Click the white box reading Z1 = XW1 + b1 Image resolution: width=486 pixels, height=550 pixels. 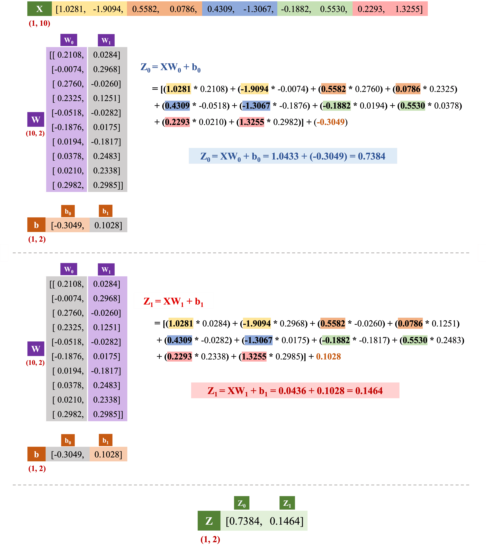pyautogui.click(x=173, y=301)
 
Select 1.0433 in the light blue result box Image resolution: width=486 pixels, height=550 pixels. pyautogui.click(x=285, y=156)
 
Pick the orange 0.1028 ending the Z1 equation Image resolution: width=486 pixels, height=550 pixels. pyautogui.click(x=328, y=357)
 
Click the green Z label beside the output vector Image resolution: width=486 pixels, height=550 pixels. pyautogui.click(x=209, y=521)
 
